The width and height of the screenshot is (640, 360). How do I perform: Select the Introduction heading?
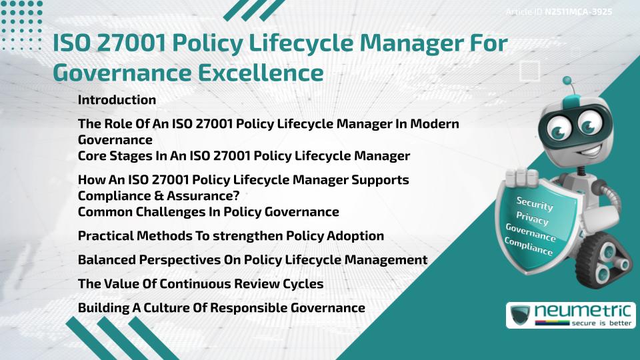coord(117,100)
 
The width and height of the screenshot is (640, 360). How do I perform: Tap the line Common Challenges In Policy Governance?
coord(208,212)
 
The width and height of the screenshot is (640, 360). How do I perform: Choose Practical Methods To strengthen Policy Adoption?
coord(231,236)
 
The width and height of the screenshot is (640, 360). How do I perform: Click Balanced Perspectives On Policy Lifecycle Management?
coord(252,260)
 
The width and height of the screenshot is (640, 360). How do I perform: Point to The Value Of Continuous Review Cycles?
coord(200,284)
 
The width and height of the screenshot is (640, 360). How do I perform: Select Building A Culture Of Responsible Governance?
coord(221,308)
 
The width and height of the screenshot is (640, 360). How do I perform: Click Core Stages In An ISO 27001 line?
coord(243,157)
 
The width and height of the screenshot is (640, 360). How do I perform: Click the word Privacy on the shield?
coord(532,219)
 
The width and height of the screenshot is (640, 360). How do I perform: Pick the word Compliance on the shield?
coord(529,247)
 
